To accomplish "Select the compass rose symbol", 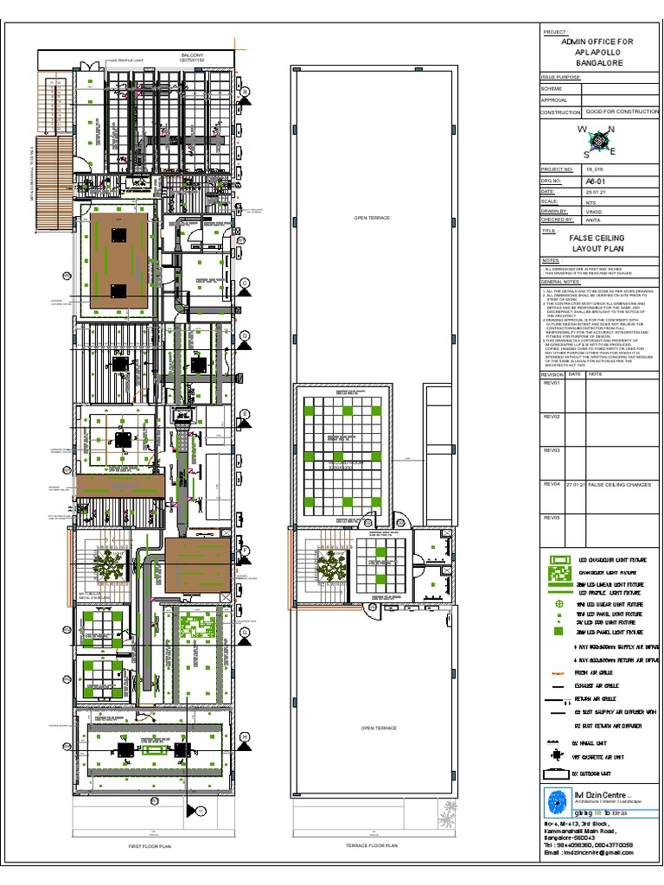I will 596,141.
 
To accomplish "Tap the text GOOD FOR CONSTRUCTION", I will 622,112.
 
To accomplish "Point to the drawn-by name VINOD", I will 593,211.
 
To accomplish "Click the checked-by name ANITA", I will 592,220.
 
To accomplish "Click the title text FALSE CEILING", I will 596,238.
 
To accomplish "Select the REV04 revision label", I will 551,485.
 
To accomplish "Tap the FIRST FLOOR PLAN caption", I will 150,847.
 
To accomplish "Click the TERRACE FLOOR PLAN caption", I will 370,846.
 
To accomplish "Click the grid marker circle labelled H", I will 246,736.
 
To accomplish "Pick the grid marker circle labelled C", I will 245,283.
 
